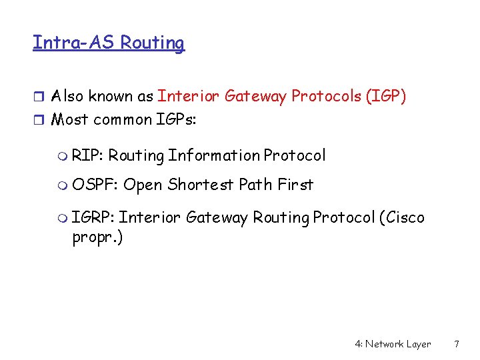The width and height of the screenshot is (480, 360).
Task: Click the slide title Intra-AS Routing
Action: coord(109,43)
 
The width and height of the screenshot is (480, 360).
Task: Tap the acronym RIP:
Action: coord(87,156)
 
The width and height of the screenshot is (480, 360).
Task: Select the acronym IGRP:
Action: coord(93,217)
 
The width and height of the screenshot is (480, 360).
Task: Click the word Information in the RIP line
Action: coord(213,156)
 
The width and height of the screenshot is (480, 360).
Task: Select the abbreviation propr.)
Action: coord(97,239)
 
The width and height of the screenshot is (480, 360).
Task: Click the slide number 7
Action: coord(457,345)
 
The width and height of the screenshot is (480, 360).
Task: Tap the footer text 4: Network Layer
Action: coord(393,345)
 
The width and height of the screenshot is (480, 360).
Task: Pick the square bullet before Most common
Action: coord(38,121)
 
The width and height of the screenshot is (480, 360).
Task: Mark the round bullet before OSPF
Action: coord(63,185)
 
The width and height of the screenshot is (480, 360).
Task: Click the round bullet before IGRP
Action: coord(63,218)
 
